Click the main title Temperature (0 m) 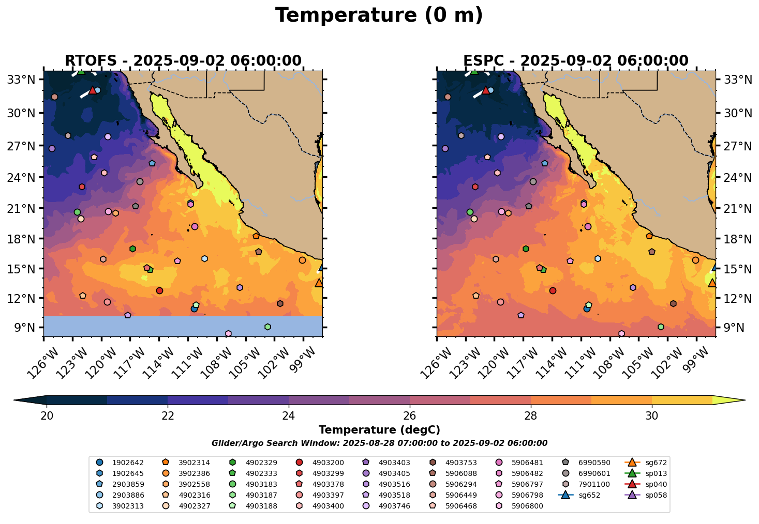click(x=379, y=16)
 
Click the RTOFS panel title click(x=183, y=61)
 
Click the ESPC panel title click(x=576, y=61)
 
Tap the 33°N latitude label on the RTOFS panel click(x=24, y=80)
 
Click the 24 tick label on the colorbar click(x=289, y=416)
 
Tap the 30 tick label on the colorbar click(x=652, y=416)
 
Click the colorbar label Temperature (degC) click(x=379, y=430)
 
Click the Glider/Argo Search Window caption click(x=379, y=443)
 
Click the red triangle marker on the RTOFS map click(x=93, y=90)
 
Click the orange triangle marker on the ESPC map click(x=712, y=283)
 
